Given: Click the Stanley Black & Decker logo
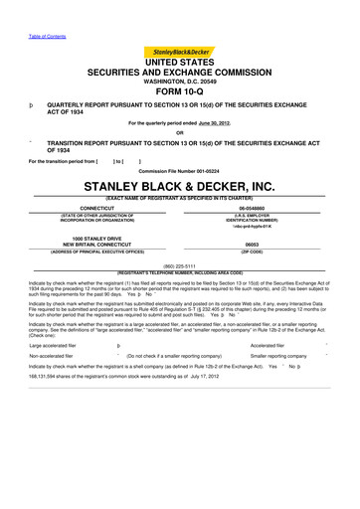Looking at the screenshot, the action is pos(180,52).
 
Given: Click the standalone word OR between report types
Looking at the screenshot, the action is pos(180,133).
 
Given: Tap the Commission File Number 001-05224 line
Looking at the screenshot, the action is pos(180,170).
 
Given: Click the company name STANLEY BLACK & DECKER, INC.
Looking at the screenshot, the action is pos(180,185).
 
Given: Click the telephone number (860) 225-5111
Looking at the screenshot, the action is pos(180,265).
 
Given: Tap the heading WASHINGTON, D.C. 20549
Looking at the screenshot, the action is pos(180,74).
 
